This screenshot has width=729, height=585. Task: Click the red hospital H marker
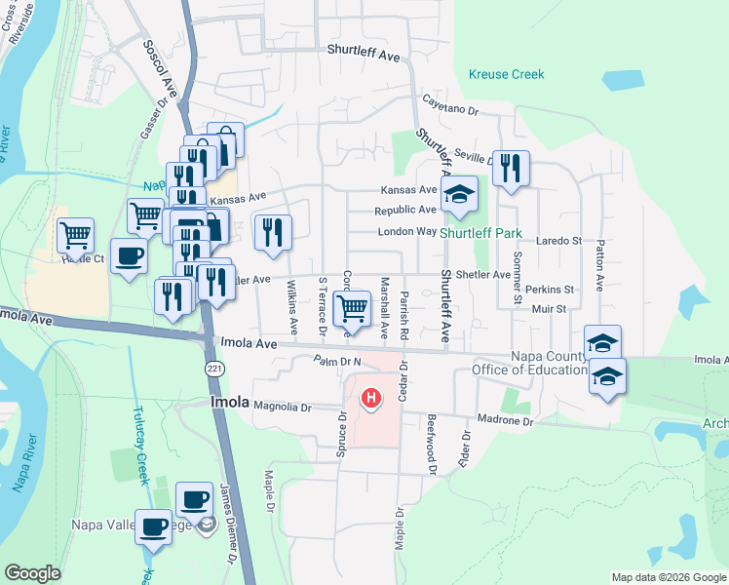tap(371, 398)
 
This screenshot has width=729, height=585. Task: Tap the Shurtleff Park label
tap(480, 234)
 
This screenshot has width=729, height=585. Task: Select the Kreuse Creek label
tap(506, 74)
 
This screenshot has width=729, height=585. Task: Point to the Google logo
tap(32, 573)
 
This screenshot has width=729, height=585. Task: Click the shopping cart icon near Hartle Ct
tap(75, 235)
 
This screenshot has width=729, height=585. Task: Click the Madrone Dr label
tap(507, 421)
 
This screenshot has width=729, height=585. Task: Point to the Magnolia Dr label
tap(282, 408)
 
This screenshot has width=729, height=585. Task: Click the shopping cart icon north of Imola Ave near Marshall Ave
tap(352, 308)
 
